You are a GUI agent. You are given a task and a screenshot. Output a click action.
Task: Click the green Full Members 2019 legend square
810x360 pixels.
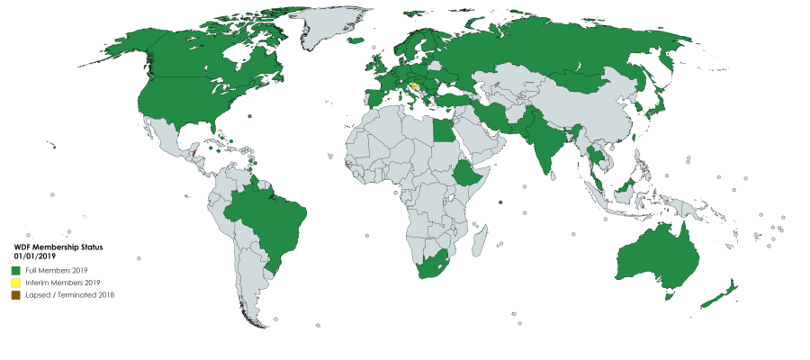pyautogui.click(x=16, y=271)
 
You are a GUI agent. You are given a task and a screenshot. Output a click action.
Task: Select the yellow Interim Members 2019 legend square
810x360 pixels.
pyautogui.click(x=16, y=283)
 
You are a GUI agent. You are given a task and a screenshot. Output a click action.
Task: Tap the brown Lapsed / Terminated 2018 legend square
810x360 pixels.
pyautogui.click(x=16, y=294)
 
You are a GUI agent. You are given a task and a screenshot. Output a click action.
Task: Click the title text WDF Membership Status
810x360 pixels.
pyautogui.click(x=59, y=247)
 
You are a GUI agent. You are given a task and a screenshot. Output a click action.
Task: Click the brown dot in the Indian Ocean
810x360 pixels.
pyautogui.click(x=499, y=202)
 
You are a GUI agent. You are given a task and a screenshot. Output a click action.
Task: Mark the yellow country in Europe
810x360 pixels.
pyautogui.click(x=414, y=87)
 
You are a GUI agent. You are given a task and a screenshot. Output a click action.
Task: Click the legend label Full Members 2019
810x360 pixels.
pyautogui.click(x=62, y=271)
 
